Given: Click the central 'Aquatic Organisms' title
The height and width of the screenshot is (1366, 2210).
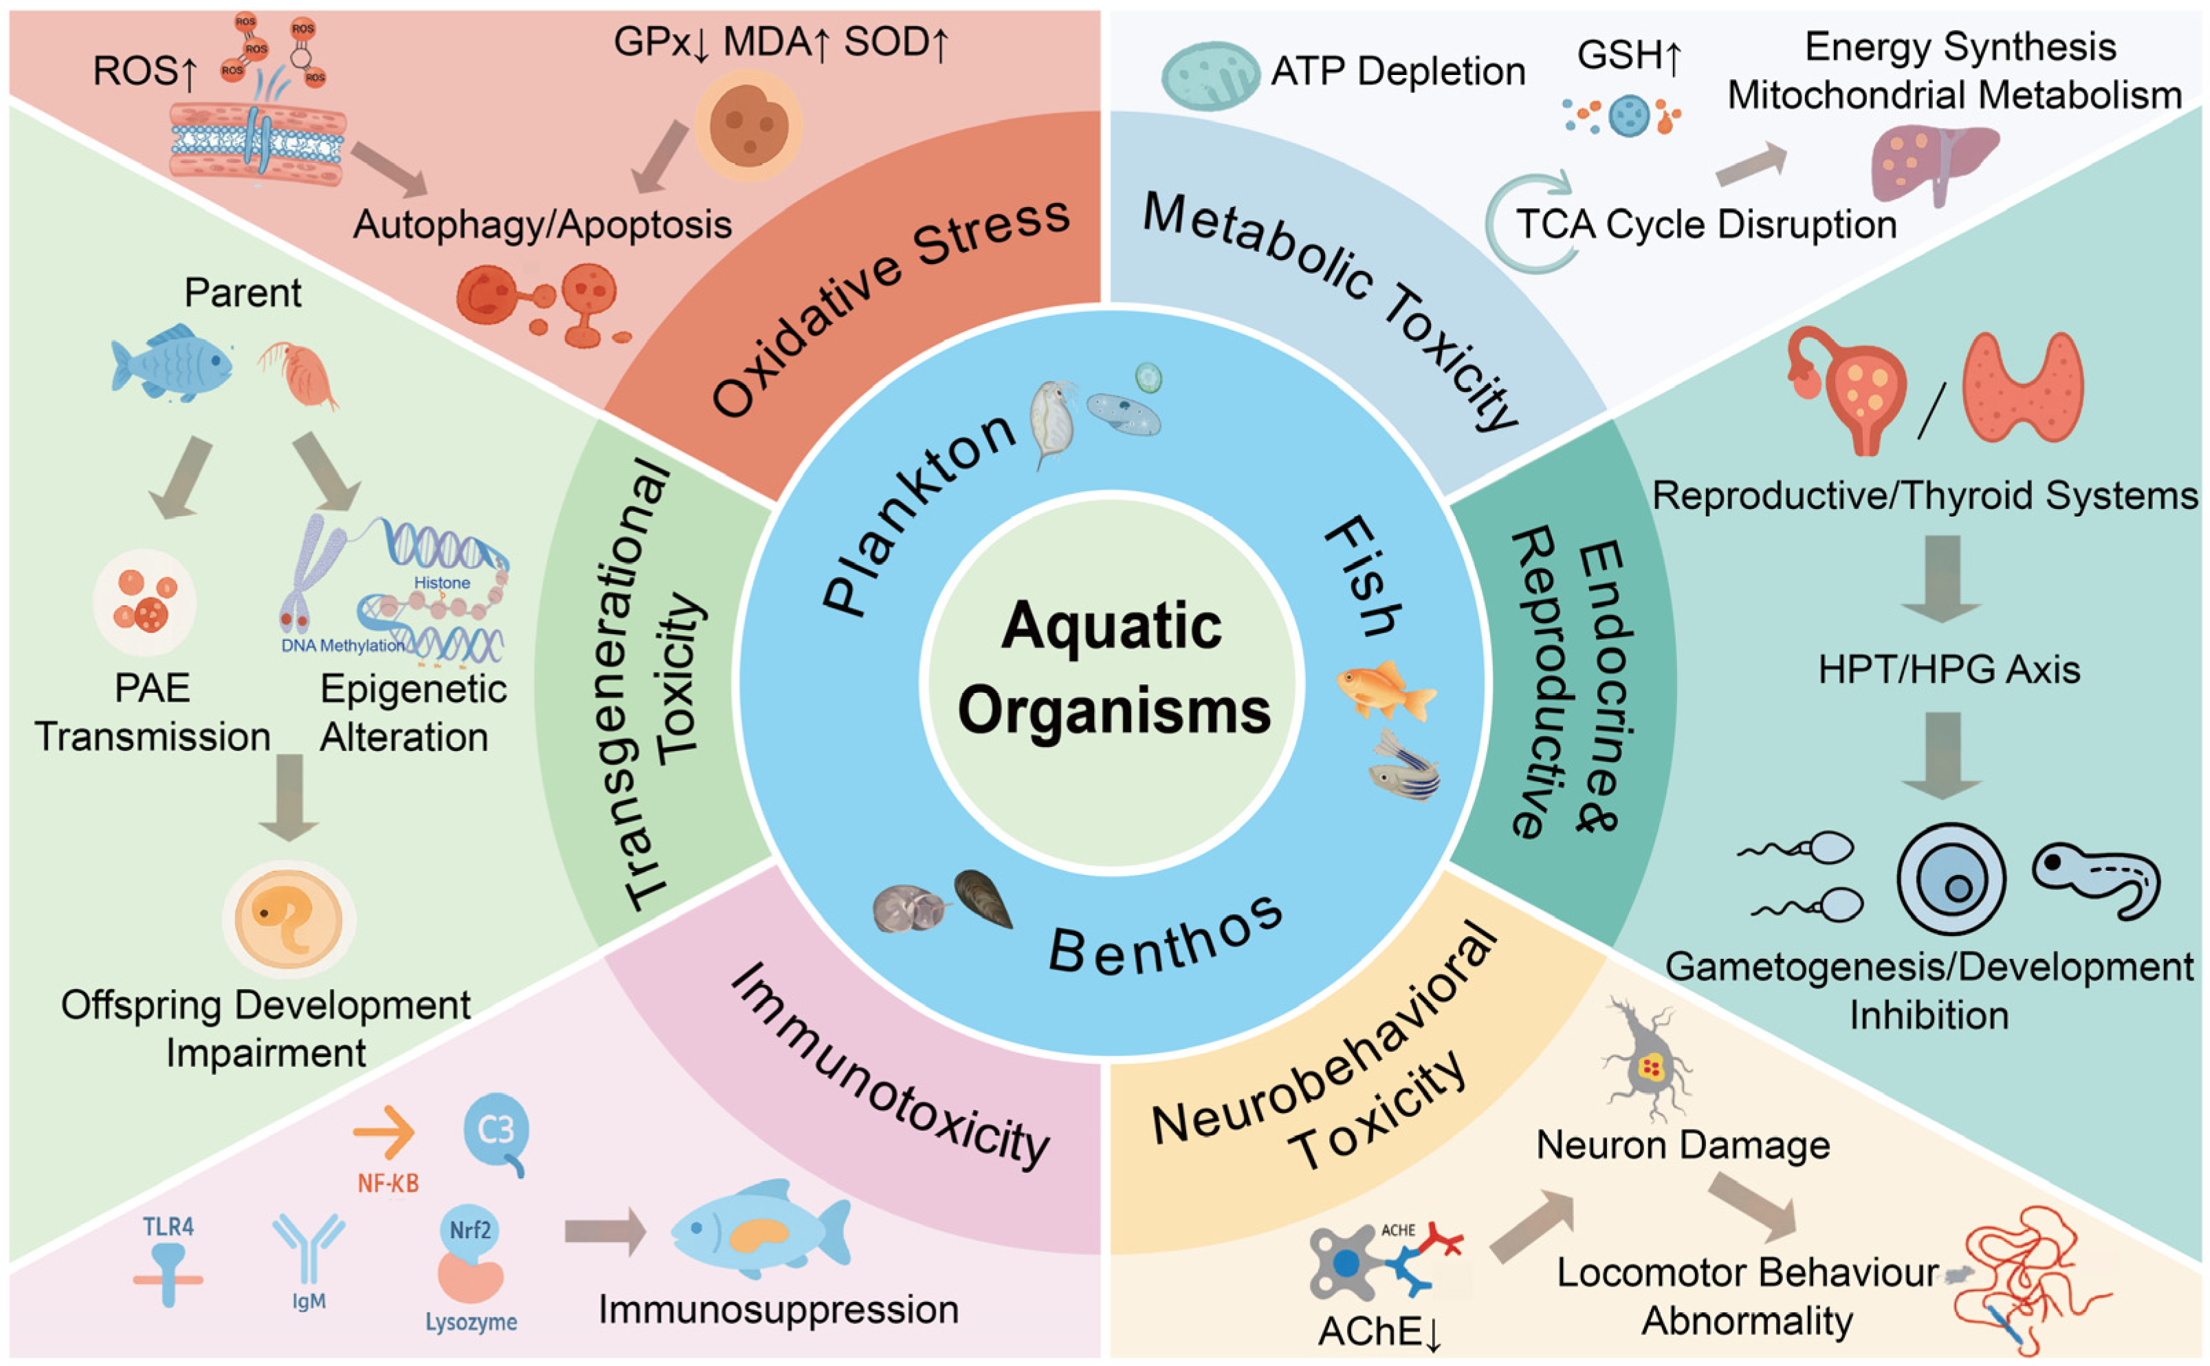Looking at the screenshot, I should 1113,669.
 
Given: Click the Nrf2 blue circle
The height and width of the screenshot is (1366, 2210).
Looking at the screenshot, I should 470,1230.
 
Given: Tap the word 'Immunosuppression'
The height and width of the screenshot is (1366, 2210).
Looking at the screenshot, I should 778,1309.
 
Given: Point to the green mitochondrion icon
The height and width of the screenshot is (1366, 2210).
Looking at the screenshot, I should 1208,76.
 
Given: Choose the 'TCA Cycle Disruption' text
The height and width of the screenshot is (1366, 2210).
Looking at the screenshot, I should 1705,224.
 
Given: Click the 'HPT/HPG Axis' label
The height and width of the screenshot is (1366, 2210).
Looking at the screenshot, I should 1948,669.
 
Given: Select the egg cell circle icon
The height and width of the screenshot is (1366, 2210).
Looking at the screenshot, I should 1950,879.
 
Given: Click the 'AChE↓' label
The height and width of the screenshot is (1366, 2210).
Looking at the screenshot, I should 1379,1332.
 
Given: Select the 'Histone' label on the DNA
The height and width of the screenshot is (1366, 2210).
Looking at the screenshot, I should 441,583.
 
